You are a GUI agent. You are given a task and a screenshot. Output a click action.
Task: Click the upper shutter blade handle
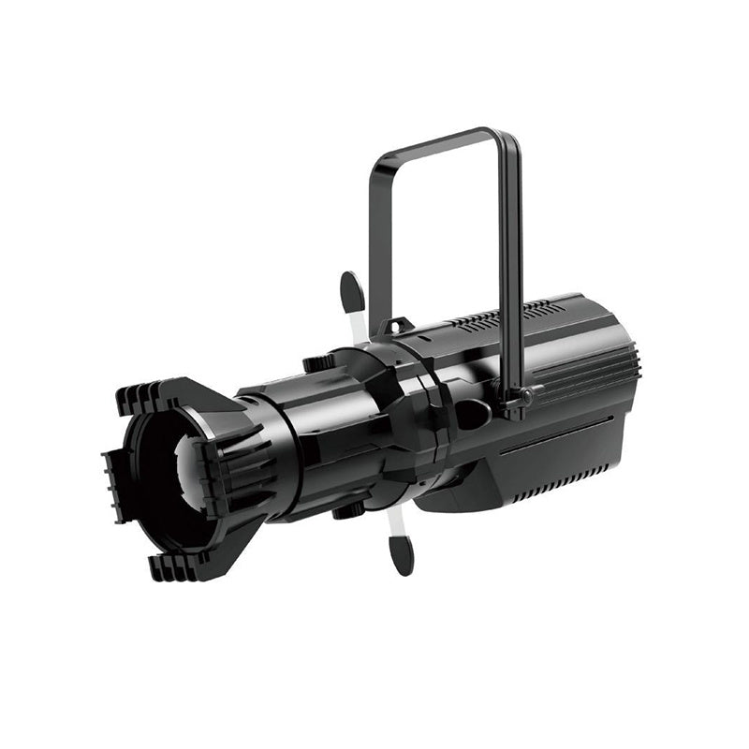pos(352,291)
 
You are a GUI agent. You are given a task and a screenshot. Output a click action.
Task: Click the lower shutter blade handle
pos(401,554)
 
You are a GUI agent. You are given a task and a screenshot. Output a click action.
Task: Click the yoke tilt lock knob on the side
pos(525,397)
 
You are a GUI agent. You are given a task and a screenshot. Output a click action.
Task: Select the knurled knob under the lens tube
pos(348,509)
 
